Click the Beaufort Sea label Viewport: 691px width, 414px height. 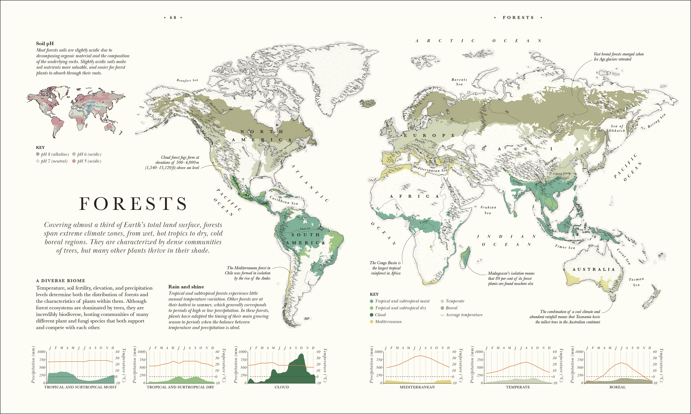[x=187, y=80]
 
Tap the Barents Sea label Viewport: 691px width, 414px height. [x=459, y=82]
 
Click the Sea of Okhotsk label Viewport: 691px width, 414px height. [x=617, y=128]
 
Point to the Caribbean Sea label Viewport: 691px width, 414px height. [x=283, y=200]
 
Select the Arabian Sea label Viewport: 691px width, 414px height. [x=488, y=210]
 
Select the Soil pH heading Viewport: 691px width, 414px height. [x=45, y=43]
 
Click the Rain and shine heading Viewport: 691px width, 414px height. [x=186, y=287]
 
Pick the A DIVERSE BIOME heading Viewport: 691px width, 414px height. [x=60, y=281]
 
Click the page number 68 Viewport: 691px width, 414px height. [x=173, y=18]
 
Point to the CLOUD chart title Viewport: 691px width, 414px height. [x=282, y=387]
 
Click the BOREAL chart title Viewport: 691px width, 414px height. [x=617, y=387]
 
